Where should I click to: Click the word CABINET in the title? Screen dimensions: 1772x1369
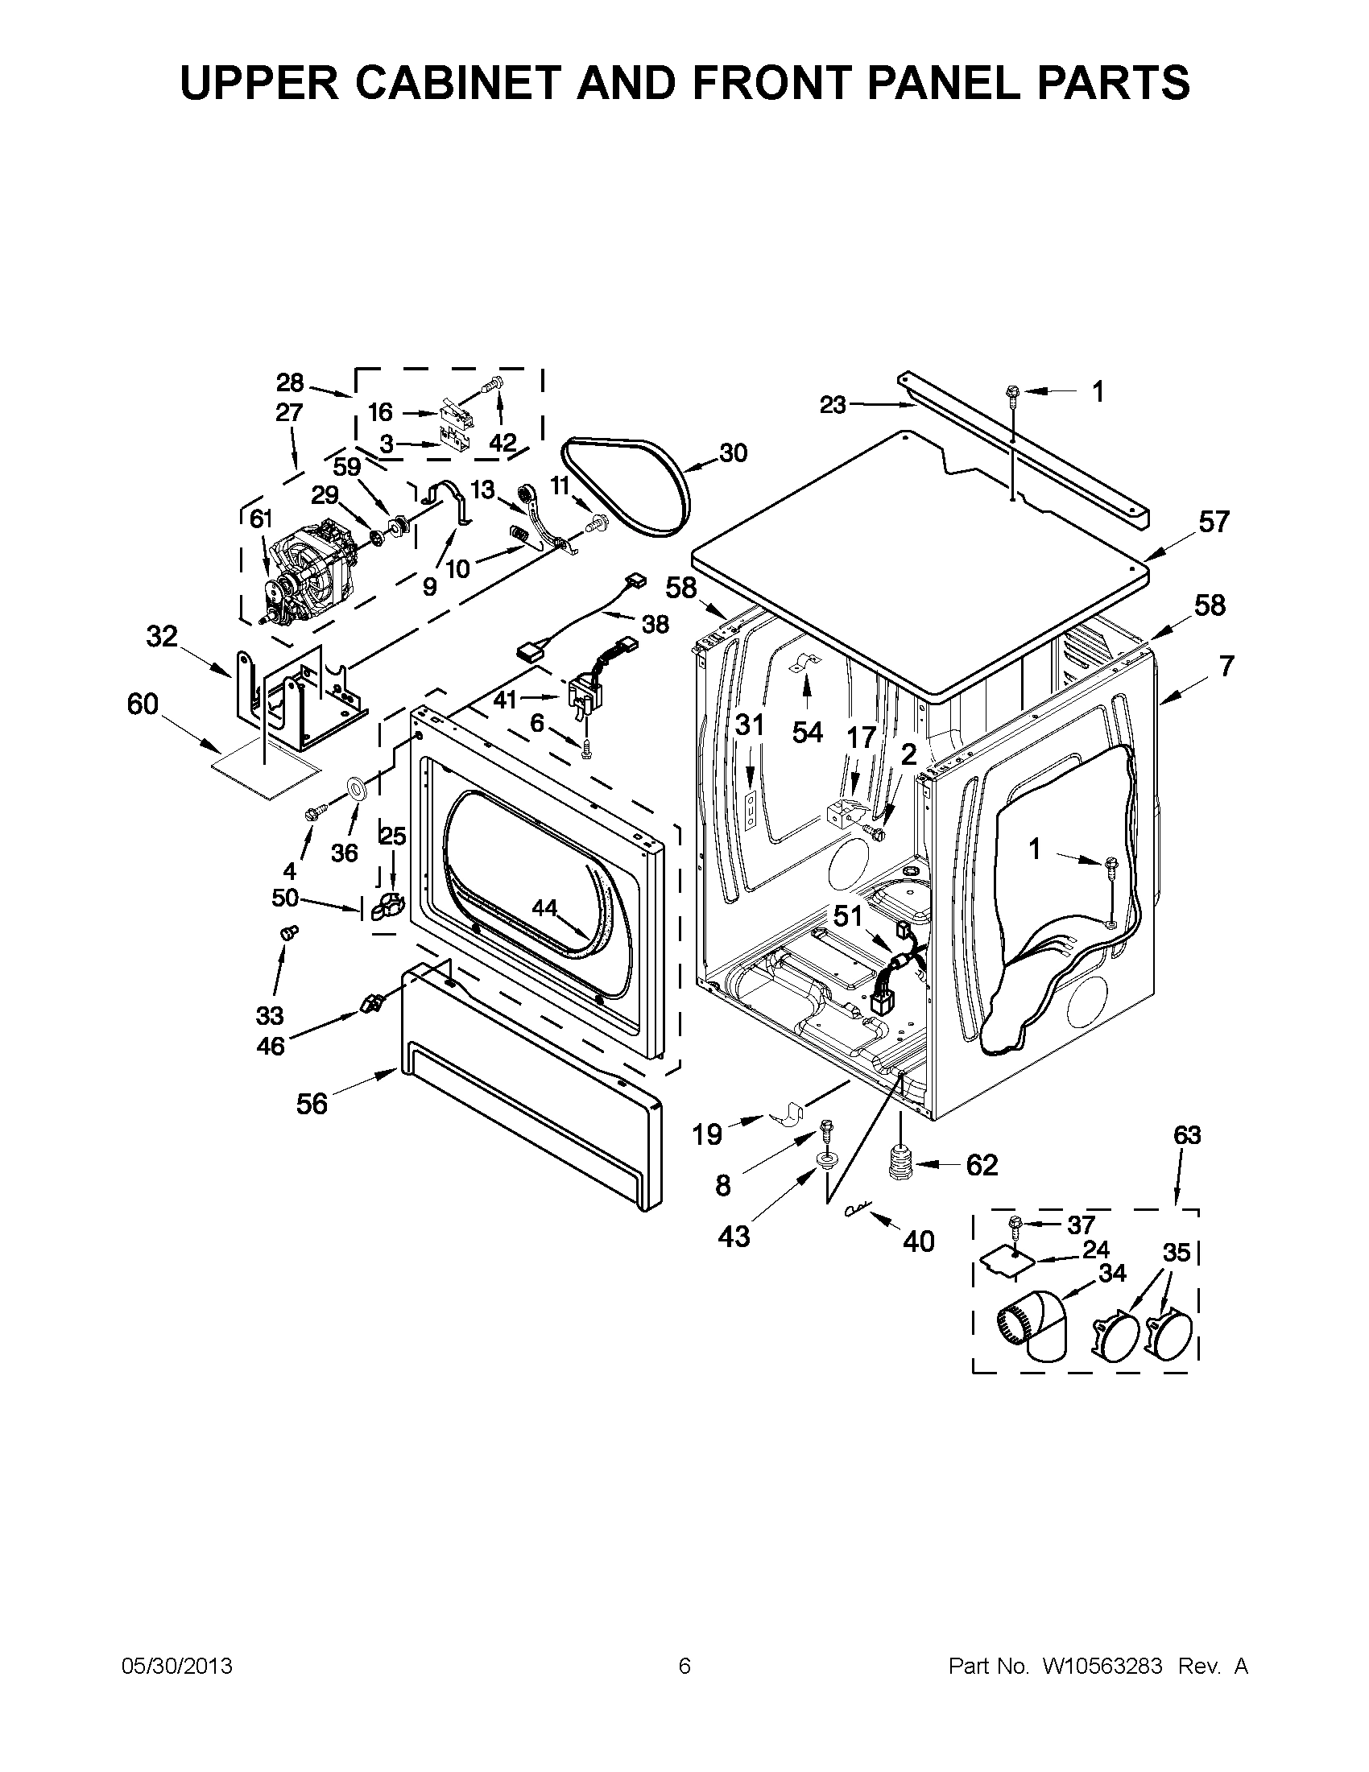(459, 83)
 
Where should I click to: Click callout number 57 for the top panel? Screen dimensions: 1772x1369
(1214, 522)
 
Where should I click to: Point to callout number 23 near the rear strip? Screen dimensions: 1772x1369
(833, 405)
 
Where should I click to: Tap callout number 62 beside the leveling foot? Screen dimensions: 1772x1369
(981, 1165)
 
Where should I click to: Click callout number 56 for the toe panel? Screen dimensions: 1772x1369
(312, 1104)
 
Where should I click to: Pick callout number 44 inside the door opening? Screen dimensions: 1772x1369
(544, 909)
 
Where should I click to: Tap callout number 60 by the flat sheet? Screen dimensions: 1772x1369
(143, 704)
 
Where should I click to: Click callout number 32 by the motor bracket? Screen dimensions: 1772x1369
(162, 637)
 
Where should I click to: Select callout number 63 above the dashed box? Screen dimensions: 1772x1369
(1186, 1135)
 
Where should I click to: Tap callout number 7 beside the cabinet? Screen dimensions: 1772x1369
(1226, 666)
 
